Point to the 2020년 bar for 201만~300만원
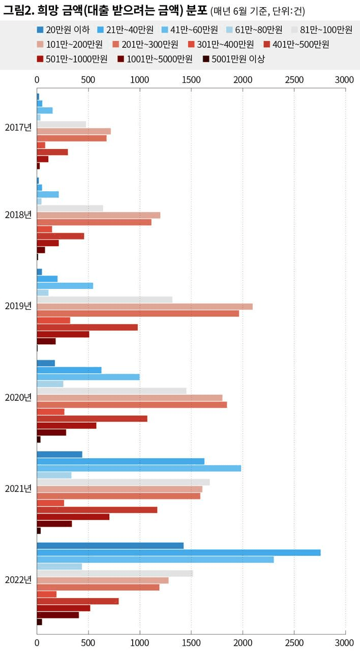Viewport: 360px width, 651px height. click(132, 405)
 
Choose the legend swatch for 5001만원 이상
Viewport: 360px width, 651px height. click(206, 59)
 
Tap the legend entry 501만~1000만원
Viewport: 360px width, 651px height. click(76, 59)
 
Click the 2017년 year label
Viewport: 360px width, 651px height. click(18, 127)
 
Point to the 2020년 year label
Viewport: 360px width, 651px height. click(18, 397)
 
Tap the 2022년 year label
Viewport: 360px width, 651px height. click(18, 579)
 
